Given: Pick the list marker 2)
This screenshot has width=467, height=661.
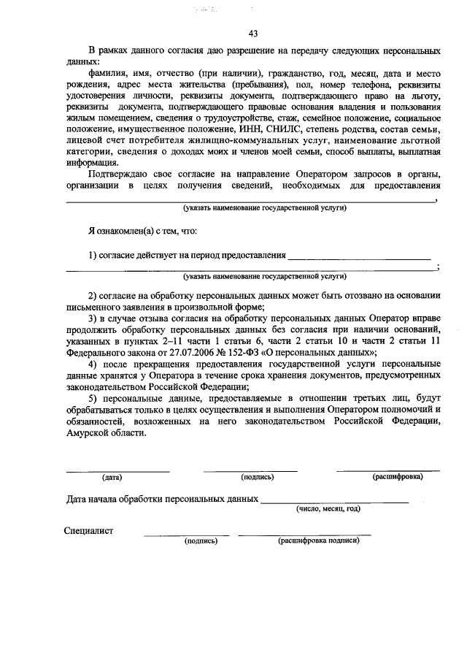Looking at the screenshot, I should pyautogui.click(x=93, y=296).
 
